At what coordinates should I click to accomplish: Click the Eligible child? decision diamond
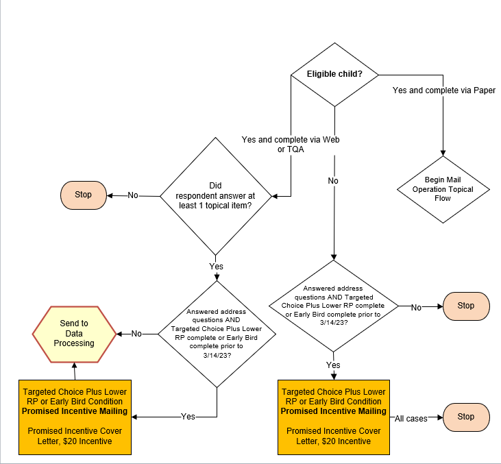[x=334, y=74]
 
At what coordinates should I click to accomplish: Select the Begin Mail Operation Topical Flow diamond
[x=443, y=188]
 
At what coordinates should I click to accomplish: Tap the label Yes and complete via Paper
[x=443, y=90]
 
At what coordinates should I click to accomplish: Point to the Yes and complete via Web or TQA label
[x=291, y=145]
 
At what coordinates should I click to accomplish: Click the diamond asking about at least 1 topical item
[x=216, y=195]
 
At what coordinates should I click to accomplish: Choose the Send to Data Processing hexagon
[x=74, y=333]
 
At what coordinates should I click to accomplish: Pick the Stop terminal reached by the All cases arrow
[x=466, y=416]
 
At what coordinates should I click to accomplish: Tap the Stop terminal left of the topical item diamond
[x=84, y=195]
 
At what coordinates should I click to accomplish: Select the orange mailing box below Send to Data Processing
[x=74, y=416]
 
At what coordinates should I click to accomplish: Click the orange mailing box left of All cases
[x=333, y=416]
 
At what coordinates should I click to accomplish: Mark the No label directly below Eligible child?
[x=333, y=181]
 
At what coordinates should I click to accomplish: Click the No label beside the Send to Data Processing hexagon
[x=136, y=334]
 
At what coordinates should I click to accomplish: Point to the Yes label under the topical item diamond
[x=216, y=267]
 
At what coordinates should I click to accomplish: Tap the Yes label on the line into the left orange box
[x=187, y=417]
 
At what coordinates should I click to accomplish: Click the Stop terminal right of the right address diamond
[x=466, y=306]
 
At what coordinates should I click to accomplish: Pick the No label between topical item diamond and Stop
[x=133, y=195]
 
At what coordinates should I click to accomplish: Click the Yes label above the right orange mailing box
[x=333, y=365]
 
